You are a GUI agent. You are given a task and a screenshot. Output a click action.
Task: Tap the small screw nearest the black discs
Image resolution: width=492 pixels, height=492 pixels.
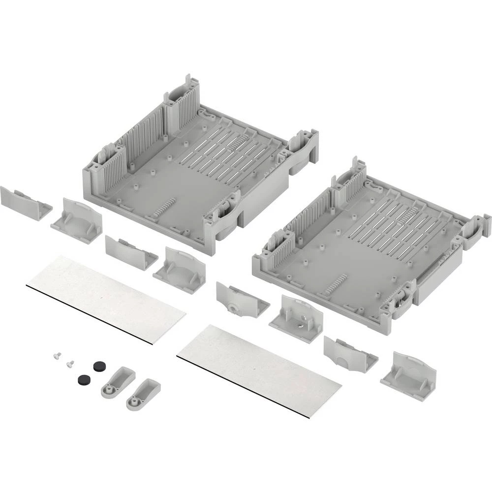pos(69,364)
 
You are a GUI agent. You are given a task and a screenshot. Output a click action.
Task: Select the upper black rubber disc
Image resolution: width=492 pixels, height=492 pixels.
pos(100,365)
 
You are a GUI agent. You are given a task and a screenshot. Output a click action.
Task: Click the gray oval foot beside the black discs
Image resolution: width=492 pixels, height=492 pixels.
pos(118,382)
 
